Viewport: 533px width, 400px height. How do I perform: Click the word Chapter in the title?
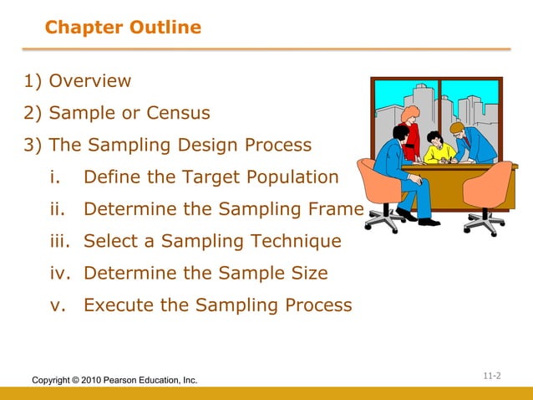coord(74,28)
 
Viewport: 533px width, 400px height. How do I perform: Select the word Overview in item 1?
coord(90,81)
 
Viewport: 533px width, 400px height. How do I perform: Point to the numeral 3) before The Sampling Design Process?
coord(33,145)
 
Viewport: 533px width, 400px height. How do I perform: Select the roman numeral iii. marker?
coord(60,241)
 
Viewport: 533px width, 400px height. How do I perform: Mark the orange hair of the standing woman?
coord(410,112)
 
